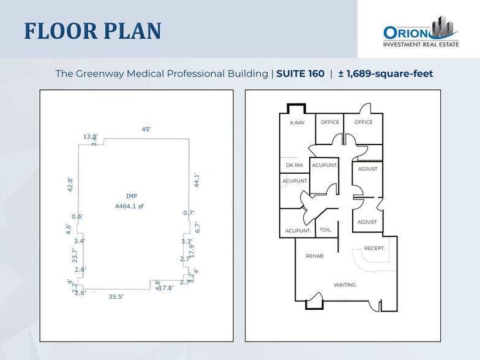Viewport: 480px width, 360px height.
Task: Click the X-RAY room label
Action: click(x=297, y=122)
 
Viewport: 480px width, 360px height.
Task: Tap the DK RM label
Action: click(x=294, y=165)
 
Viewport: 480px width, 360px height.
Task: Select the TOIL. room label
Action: click(x=326, y=230)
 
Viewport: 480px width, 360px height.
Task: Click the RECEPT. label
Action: click(x=374, y=248)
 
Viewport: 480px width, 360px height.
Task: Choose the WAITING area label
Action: click(x=345, y=285)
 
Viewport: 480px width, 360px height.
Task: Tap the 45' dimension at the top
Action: click(x=146, y=129)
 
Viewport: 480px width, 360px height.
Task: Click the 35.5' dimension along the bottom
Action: click(x=116, y=297)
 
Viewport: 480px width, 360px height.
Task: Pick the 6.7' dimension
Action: click(x=197, y=227)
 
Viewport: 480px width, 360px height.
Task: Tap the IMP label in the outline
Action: click(x=131, y=196)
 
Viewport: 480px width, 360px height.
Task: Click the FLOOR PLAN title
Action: click(x=93, y=31)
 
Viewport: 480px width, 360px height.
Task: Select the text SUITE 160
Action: click(x=300, y=73)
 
